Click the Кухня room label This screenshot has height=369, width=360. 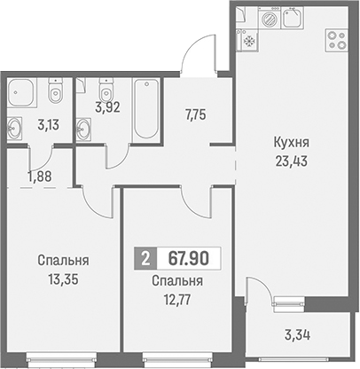(292, 143)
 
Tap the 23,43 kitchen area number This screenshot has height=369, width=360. (292, 161)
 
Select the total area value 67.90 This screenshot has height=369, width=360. (189, 258)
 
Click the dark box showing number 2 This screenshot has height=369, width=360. (145, 258)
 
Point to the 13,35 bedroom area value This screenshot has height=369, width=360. (64, 279)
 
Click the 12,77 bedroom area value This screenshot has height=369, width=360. (177, 300)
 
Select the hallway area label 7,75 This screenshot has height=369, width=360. (195, 114)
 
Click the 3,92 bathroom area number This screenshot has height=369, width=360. (107, 107)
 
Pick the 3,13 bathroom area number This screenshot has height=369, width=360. (49, 125)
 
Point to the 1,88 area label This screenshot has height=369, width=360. (40, 177)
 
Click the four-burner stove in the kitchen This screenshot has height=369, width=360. (336, 40)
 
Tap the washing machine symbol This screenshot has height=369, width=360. (269, 19)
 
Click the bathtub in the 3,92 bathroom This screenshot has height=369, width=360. (146, 109)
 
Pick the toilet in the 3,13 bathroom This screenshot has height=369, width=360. (55, 91)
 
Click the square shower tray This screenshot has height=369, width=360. (22, 92)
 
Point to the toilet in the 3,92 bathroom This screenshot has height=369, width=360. (106, 90)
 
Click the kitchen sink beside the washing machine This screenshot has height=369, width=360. (293, 18)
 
